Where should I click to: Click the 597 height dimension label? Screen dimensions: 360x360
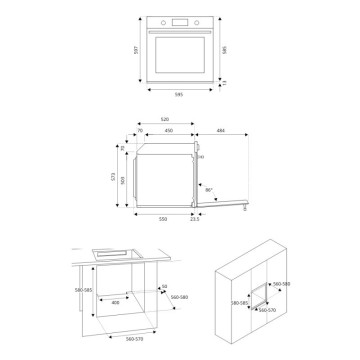(x=134, y=51)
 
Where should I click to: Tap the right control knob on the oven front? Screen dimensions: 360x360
(x=199, y=23)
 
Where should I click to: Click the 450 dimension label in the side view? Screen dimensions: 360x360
(x=169, y=130)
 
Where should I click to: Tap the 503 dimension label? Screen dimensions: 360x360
(x=126, y=179)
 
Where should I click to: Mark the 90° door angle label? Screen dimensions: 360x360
(x=208, y=189)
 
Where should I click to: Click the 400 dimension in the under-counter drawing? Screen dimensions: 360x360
(x=116, y=301)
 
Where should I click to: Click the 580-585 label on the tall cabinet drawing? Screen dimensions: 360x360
(x=236, y=301)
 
